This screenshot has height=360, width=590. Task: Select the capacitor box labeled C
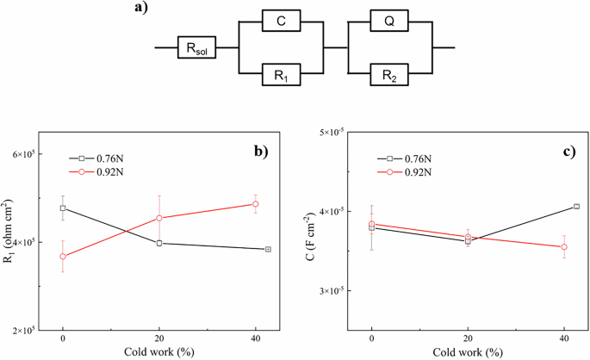click(283, 21)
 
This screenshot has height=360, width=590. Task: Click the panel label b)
click(260, 152)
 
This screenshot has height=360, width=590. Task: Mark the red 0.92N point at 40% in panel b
click(255, 204)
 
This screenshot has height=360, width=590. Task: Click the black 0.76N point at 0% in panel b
click(63, 208)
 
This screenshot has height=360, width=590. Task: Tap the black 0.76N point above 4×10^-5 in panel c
click(575, 207)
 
